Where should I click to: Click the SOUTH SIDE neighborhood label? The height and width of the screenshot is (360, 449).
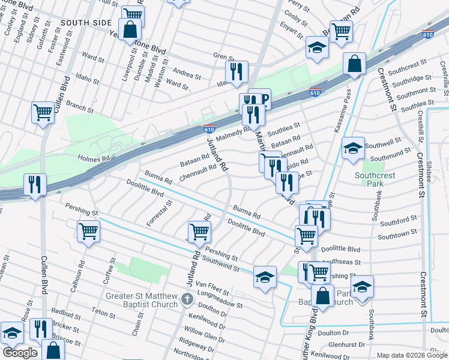(86, 23)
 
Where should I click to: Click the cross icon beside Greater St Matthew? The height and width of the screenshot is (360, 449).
(187, 299)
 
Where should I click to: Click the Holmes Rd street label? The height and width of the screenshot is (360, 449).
(95, 158)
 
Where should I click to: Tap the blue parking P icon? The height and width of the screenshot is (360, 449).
(260, 99)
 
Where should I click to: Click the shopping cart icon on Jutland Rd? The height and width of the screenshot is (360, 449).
(199, 230)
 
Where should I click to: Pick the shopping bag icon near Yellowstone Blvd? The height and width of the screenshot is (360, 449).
(129, 29)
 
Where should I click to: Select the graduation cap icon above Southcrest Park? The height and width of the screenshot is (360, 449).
(353, 147)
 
